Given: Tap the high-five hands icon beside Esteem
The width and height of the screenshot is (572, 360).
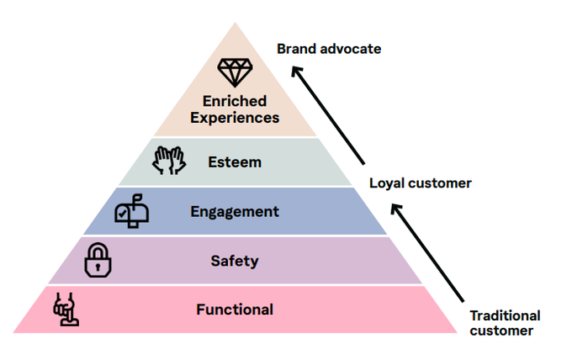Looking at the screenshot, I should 168,161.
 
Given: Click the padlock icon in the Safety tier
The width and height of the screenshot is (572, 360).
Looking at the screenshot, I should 98,261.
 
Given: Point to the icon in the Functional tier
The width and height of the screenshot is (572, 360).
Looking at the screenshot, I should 66,310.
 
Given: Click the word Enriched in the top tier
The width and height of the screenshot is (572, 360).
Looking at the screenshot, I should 235,102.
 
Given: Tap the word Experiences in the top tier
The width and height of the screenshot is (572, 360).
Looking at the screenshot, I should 235,118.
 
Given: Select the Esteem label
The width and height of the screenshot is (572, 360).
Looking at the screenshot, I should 235,162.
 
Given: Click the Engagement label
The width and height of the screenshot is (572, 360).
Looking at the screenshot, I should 235,212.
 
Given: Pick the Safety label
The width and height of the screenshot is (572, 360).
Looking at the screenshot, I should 235,261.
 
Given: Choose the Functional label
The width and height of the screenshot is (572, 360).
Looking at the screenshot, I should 235,310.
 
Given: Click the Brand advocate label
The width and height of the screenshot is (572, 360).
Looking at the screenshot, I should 329,49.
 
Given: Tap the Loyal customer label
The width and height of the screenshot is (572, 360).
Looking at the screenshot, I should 421,183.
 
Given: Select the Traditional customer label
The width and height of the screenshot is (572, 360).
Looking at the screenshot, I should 505,323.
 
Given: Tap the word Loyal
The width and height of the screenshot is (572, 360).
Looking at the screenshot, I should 386,183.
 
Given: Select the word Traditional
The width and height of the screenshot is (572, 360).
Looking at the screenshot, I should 505,315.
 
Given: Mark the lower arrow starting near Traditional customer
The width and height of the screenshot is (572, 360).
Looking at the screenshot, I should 429,255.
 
